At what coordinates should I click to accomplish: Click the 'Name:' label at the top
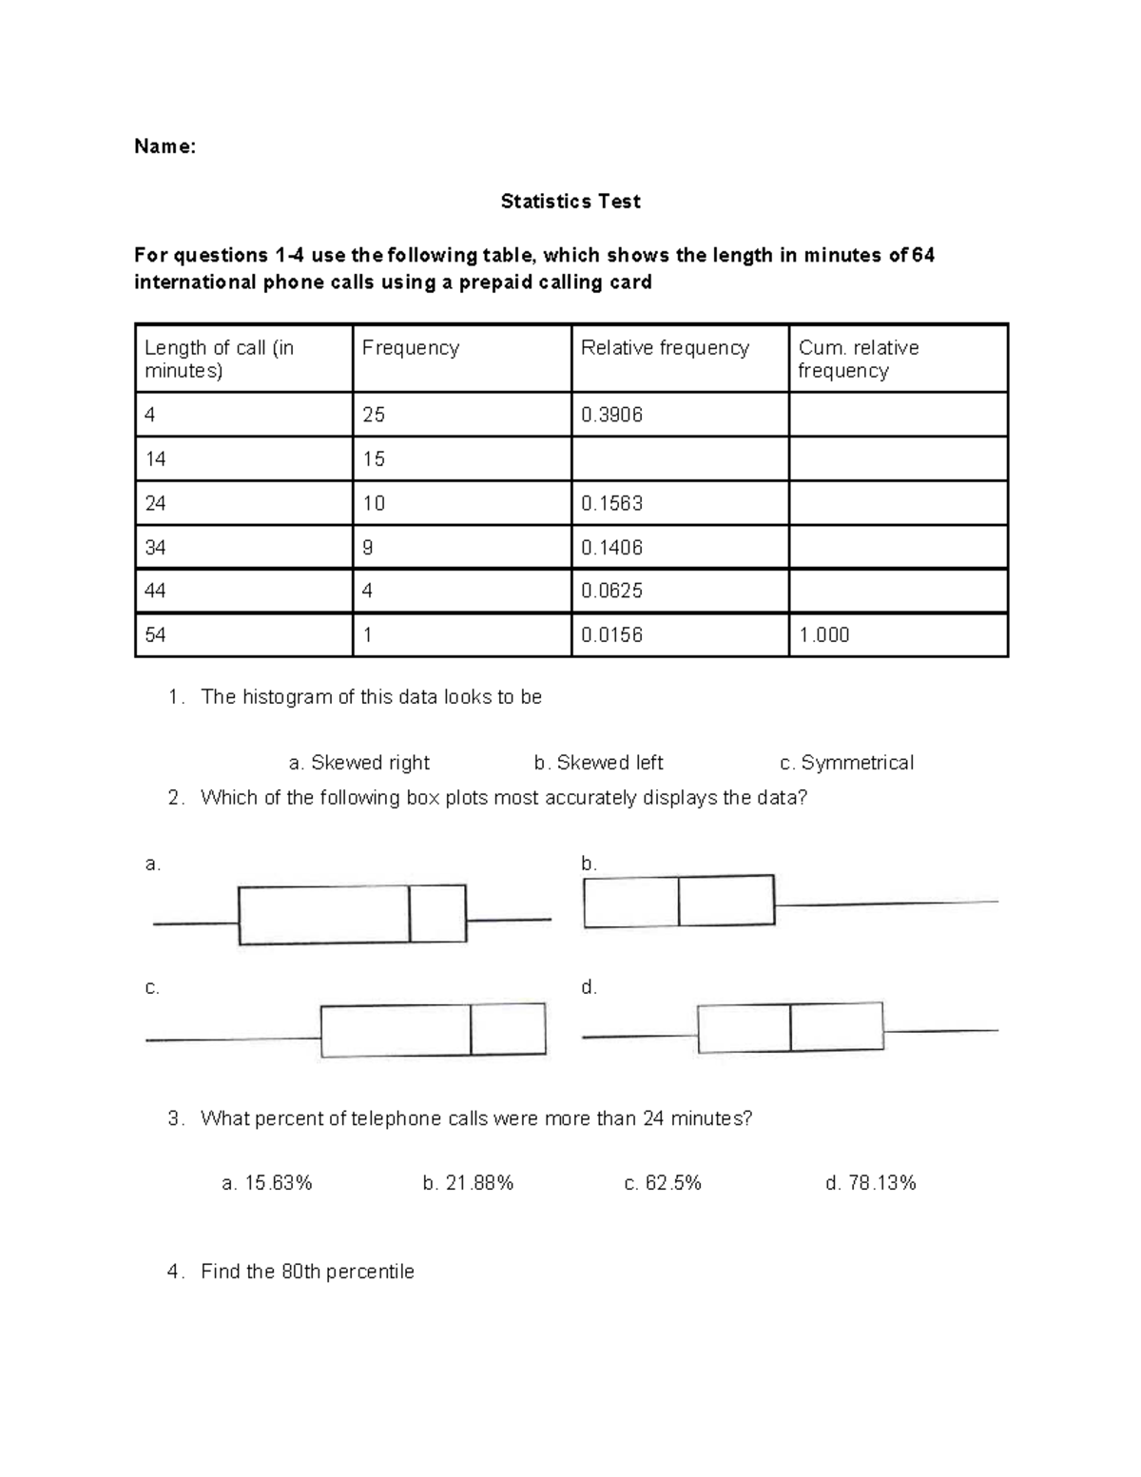[164, 146]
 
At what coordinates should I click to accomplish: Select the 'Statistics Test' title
[570, 202]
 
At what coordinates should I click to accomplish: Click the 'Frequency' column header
[411, 348]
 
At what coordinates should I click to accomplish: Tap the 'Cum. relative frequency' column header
[859, 359]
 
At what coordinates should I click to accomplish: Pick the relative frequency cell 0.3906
[611, 415]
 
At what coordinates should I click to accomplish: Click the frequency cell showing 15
[374, 459]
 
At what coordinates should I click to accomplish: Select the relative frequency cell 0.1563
[611, 503]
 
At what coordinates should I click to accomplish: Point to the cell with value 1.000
[824, 635]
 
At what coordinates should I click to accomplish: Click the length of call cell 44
[155, 591]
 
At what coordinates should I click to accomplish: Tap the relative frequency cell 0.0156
[611, 635]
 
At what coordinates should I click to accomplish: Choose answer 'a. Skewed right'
[358, 763]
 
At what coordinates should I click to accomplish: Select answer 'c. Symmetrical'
[846, 763]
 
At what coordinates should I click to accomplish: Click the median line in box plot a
[410, 914]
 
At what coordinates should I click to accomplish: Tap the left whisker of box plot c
[233, 1040]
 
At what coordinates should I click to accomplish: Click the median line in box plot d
[790, 1028]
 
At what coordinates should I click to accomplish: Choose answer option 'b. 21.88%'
[468, 1183]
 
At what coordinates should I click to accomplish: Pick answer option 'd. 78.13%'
[871, 1183]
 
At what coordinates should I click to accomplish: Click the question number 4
[172, 1273]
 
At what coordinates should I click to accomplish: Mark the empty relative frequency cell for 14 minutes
[680, 459]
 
